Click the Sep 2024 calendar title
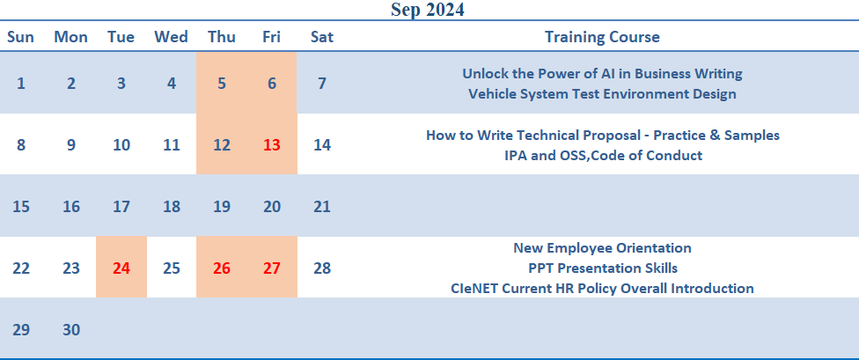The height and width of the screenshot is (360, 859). (428, 10)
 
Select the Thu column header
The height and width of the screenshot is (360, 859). (222, 37)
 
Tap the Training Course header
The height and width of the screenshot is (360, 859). (602, 37)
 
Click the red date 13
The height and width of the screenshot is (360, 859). (272, 145)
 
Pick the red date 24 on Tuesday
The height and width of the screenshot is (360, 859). (121, 268)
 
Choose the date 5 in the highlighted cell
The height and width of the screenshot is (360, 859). (222, 84)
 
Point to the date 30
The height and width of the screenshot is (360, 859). (71, 330)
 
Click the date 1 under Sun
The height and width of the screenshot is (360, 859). (21, 84)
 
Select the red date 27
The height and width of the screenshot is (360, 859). (272, 268)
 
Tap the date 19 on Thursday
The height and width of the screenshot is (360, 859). (222, 207)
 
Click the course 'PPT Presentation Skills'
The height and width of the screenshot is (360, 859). (603, 268)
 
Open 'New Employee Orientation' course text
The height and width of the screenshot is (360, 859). (602, 247)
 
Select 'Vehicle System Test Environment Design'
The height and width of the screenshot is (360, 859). (602, 93)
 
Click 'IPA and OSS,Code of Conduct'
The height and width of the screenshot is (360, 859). (603, 155)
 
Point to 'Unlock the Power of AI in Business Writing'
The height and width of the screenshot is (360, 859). (602, 73)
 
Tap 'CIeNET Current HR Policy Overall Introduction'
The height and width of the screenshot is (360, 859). (602, 288)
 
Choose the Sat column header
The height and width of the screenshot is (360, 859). (322, 37)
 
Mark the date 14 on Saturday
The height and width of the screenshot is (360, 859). (322, 145)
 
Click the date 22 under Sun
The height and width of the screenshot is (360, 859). (21, 268)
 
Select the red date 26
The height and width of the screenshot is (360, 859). (222, 268)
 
